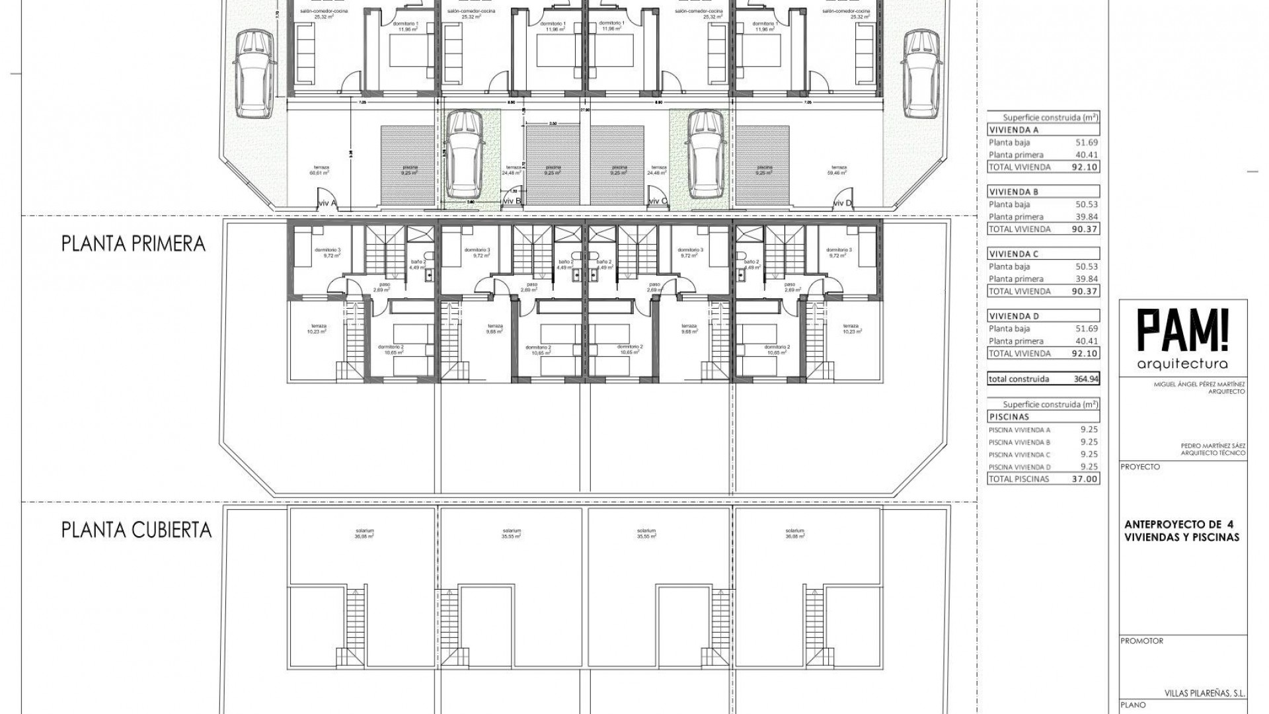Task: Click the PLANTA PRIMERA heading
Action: pyautogui.click(x=134, y=244)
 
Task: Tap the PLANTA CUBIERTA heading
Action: pyautogui.click(x=137, y=530)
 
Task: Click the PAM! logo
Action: pyautogui.click(x=1182, y=333)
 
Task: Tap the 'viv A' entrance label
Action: pyautogui.click(x=328, y=203)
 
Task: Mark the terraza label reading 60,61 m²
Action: pyautogui.click(x=319, y=171)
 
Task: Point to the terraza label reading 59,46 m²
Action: pyautogui.click(x=839, y=171)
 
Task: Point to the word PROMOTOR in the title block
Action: pyautogui.click(x=1141, y=641)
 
